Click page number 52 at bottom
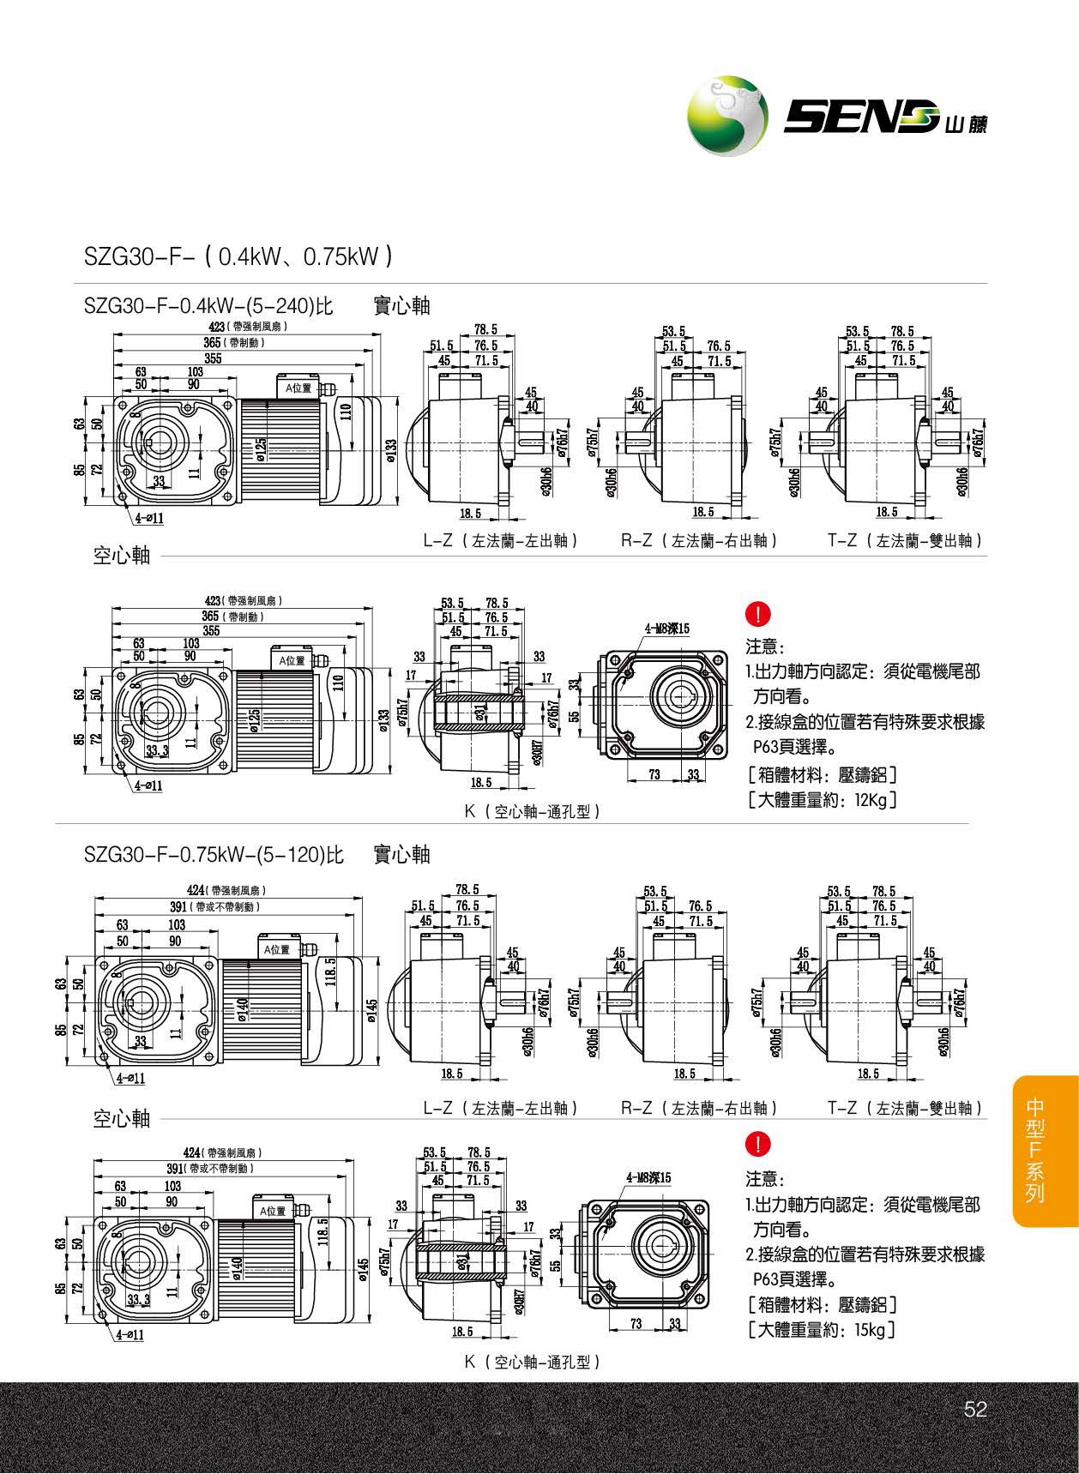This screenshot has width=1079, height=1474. click(976, 1410)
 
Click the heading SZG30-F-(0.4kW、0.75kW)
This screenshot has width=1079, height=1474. click(238, 256)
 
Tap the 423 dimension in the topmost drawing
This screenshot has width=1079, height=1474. click(217, 326)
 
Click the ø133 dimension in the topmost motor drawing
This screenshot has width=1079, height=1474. click(391, 449)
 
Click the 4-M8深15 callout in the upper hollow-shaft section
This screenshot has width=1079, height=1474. click(667, 629)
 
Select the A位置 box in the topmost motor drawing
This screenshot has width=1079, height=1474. click(299, 388)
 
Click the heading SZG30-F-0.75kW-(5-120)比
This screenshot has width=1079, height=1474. click(214, 855)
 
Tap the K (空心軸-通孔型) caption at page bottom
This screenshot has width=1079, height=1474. click(532, 1362)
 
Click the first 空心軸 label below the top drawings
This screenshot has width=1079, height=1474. click(122, 556)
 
